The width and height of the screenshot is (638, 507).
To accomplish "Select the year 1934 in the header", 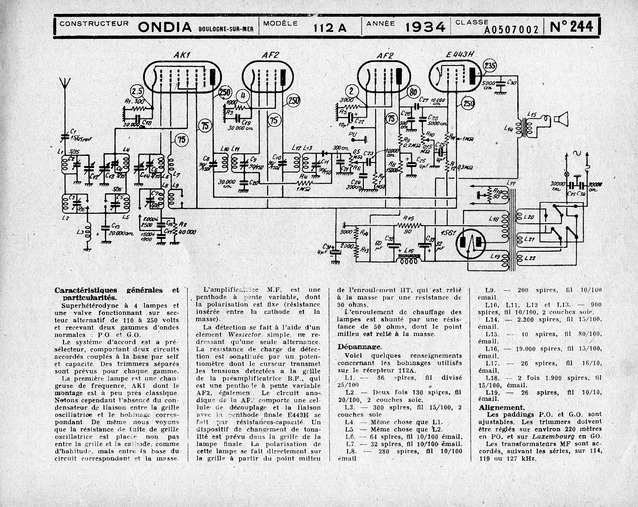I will click(x=425, y=27).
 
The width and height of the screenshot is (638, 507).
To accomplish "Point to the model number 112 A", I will click(x=329, y=28).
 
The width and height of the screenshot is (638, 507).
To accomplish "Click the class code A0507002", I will click(x=511, y=31).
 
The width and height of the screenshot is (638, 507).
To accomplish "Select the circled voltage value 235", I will click(x=490, y=67).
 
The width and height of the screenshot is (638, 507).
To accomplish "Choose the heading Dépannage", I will click(x=359, y=346).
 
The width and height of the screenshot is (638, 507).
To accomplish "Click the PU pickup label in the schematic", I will click(x=352, y=134).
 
